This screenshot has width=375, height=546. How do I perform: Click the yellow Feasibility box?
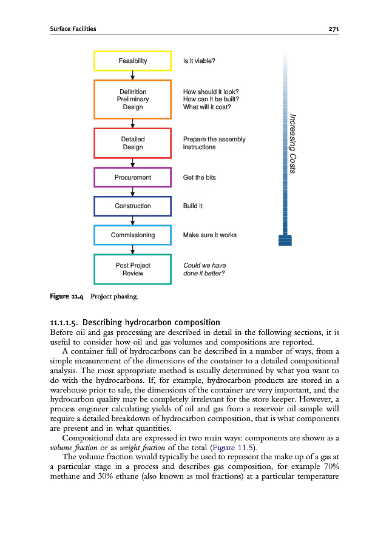tap(132, 61)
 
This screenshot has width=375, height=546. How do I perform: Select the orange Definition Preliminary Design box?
tap(132, 99)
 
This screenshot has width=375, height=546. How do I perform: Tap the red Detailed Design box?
tap(132, 143)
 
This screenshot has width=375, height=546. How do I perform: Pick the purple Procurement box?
tap(132, 177)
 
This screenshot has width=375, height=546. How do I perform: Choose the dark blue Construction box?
tap(132, 206)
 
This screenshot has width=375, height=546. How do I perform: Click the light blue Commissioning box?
tap(132, 235)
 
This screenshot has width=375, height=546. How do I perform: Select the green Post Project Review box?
tap(132, 269)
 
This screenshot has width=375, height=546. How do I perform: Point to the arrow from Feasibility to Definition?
tap(132, 75)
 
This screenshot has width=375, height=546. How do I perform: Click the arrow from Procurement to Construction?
tap(132, 192)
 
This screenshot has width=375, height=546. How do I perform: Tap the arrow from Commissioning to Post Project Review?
tap(132, 249)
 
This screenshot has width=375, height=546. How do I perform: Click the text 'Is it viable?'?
tap(199, 61)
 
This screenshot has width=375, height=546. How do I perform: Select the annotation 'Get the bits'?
tap(199, 177)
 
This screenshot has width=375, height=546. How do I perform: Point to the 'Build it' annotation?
tap(193, 206)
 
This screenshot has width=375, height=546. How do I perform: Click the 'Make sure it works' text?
tap(210, 235)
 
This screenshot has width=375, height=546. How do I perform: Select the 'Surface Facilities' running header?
tap(73, 29)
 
